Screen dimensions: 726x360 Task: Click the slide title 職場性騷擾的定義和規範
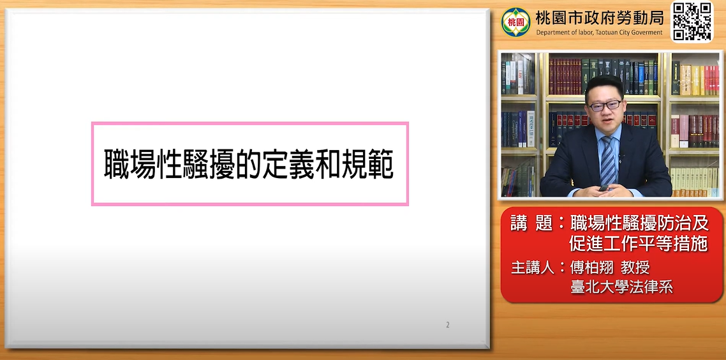pos(249,163)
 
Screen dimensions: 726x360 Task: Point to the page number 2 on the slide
pos(448,325)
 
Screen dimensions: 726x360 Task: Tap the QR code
pos(692,21)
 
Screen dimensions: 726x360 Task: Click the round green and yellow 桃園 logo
pos(516,22)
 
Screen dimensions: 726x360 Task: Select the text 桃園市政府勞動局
pos(599,18)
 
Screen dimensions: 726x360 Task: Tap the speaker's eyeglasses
pos(605,105)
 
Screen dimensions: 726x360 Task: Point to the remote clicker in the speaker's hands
pos(604,188)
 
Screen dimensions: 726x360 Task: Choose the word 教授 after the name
pos(636,268)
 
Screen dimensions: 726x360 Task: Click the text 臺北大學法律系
pos(621,287)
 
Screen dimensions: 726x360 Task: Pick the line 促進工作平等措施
pos(639,244)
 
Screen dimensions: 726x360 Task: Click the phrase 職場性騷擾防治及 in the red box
pos(639,224)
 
